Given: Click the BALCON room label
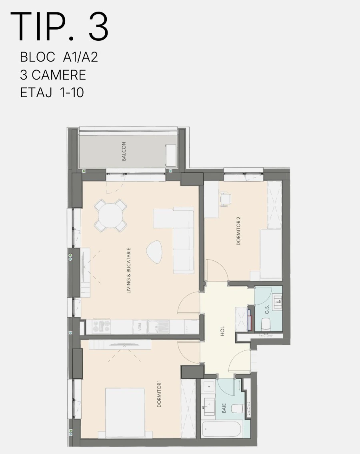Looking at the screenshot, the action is pyautogui.click(x=124, y=151).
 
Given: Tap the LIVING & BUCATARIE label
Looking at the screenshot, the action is pyautogui.click(x=128, y=270).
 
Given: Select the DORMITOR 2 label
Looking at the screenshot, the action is pyautogui.click(x=238, y=231).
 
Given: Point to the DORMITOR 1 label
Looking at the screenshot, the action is pyautogui.click(x=159, y=394).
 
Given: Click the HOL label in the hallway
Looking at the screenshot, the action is pyautogui.click(x=222, y=331).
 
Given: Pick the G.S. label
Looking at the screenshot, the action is pyautogui.click(x=267, y=309).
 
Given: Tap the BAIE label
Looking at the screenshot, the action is pyautogui.click(x=224, y=408).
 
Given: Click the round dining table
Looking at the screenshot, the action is pyautogui.click(x=110, y=216).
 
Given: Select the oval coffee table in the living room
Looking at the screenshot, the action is pyautogui.click(x=154, y=252).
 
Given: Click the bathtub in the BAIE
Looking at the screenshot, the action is pyautogui.click(x=222, y=430).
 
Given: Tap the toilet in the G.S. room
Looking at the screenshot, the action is pyautogui.click(x=266, y=324).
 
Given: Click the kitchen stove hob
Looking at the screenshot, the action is pyautogui.click(x=101, y=326).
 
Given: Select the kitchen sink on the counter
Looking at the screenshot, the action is pyautogui.click(x=158, y=327).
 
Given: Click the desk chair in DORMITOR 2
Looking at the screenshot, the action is pyautogui.click(x=225, y=199).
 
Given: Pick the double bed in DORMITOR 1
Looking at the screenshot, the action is pyautogui.click(x=125, y=413).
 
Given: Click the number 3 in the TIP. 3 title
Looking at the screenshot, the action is pyautogui.click(x=98, y=27).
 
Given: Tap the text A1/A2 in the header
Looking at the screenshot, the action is pyautogui.click(x=80, y=57).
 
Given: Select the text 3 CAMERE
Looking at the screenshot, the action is pyautogui.click(x=53, y=75).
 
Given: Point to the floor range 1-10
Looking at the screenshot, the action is pyautogui.click(x=72, y=93).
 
